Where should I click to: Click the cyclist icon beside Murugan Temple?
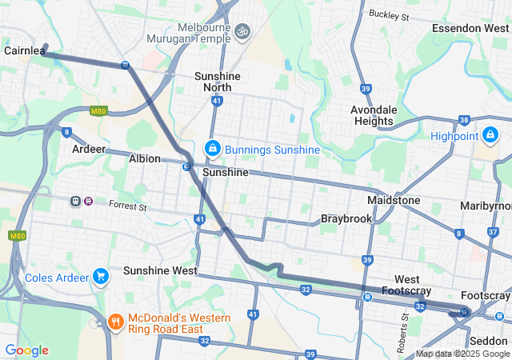click(x=242, y=31)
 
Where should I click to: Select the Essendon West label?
click(x=470, y=28)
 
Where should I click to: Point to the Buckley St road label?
click(x=389, y=14)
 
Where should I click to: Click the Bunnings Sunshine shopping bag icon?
click(x=213, y=149)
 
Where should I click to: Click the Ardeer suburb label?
click(x=88, y=150)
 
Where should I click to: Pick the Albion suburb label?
click(x=145, y=158)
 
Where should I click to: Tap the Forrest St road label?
click(x=129, y=206)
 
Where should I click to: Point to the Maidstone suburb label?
click(x=394, y=199)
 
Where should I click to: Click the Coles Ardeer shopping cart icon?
click(x=100, y=278)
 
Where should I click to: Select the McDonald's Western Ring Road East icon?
click(x=116, y=323)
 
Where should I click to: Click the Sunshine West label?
click(x=160, y=270)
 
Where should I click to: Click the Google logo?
click(x=26, y=350)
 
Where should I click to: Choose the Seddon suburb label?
click(x=489, y=341)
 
